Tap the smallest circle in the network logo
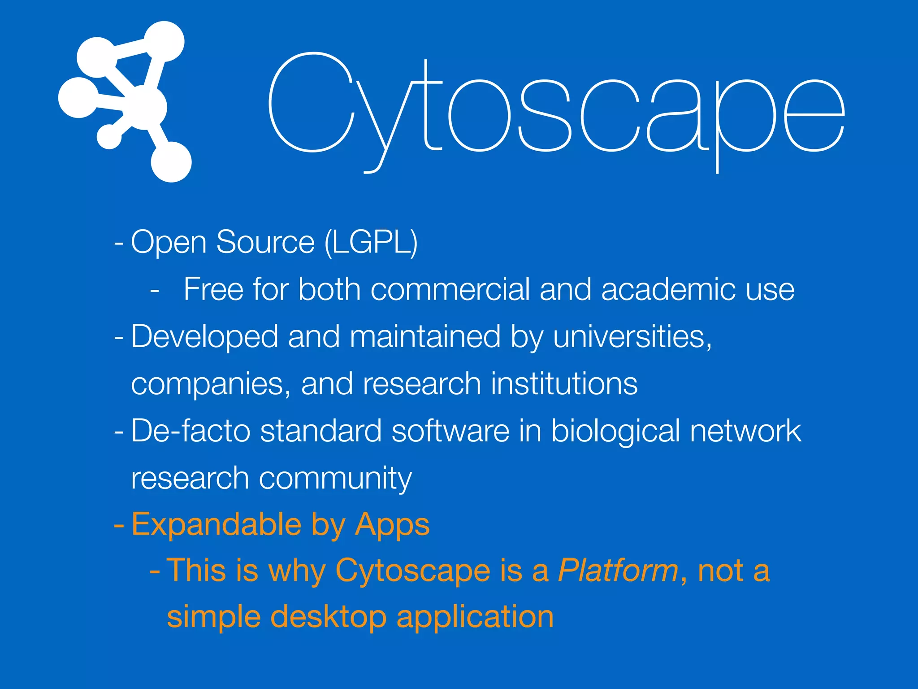coord(109,136)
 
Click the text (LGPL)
coord(371,242)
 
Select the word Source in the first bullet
coord(265,242)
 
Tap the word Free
coord(213,289)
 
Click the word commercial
coord(450,289)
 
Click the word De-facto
coord(191,431)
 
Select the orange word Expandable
coord(217,525)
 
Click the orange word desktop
coord(329,617)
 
